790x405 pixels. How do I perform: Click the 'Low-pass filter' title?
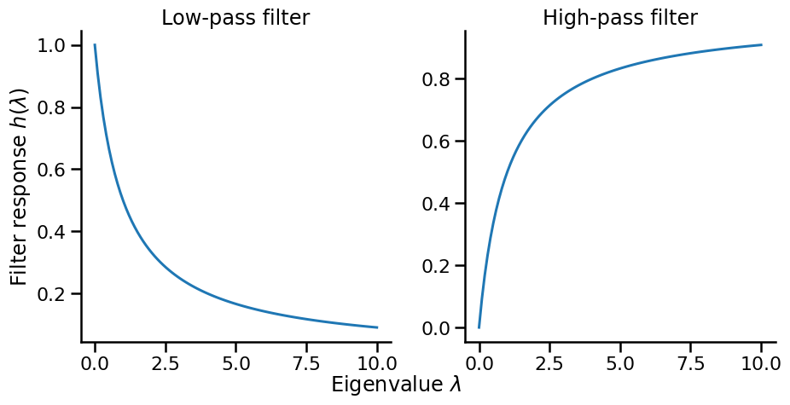click(235, 17)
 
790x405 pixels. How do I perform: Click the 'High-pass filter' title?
click(620, 17)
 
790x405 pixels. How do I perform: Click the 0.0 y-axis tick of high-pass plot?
click(439, 328)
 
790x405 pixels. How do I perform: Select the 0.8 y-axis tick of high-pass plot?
click(439, 79)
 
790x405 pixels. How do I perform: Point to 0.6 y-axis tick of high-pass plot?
click(439, 142)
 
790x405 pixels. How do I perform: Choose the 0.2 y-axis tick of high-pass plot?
click(439, 266)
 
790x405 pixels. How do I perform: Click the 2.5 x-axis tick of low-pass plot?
click(166, 362)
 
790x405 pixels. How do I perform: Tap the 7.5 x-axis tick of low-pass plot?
click(306, 362)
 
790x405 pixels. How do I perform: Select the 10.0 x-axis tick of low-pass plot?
click(377, 362)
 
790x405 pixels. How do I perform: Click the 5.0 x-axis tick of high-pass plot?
click(620, 362)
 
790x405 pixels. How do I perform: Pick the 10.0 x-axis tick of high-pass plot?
click(761, 362)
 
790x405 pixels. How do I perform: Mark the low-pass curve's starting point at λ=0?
click(95, 45)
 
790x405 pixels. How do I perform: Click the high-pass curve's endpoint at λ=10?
click(761, 45)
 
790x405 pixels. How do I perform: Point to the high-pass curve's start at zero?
click(479, 327)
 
